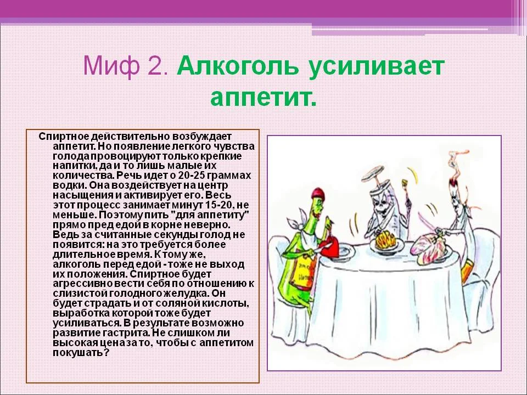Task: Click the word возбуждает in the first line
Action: [x=203, y=136]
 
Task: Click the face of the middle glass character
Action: [x=381, y=205]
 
